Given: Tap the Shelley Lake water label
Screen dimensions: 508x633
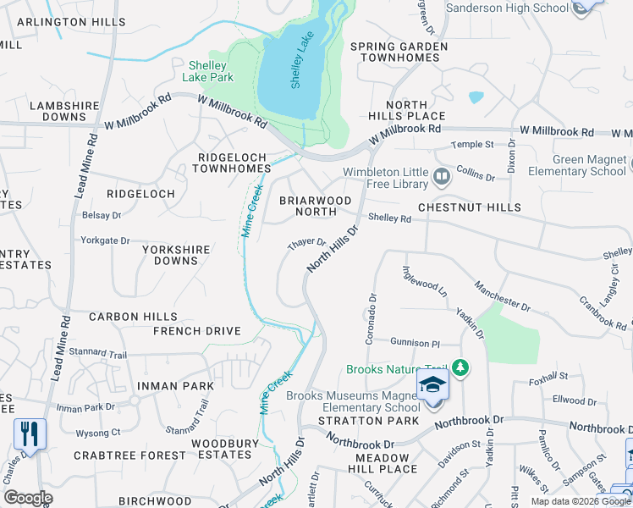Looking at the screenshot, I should pyautogui.click(x=297, y=68).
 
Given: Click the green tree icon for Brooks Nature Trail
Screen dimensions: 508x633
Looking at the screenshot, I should pyautogui.click(x=460, y=368).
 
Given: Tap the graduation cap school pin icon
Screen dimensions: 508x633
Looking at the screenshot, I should pyautogui.click(x=432, y=385).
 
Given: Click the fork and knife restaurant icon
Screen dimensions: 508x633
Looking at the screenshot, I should pyautogui.click(x=30, y=434).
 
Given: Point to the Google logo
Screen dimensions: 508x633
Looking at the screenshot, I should pyautogui.click(x=28, y=498).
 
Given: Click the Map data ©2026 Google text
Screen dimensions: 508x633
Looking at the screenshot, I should pyautogui.click(x=580, y=501).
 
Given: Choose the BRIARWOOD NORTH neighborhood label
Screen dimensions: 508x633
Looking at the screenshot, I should pyautogui.click(x=315, y=207).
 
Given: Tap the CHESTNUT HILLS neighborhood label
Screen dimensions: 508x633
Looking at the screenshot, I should pyautogui.click(x=470, y=207).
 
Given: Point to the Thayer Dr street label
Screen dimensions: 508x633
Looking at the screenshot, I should pyautogui.click(x=306, y=245).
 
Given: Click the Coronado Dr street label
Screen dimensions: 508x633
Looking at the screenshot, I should pyautogui.click(x=371, y=318).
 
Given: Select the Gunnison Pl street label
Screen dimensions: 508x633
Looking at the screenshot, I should pyautogui.click(x=416, y=343).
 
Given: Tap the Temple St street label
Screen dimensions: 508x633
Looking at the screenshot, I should pyautogui.click(x=471, y=145).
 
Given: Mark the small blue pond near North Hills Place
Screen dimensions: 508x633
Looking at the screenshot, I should pyautogui.click(x=476, y=97).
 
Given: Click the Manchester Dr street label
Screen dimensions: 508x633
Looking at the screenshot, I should pyautogui.click(x=502, y=295).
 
